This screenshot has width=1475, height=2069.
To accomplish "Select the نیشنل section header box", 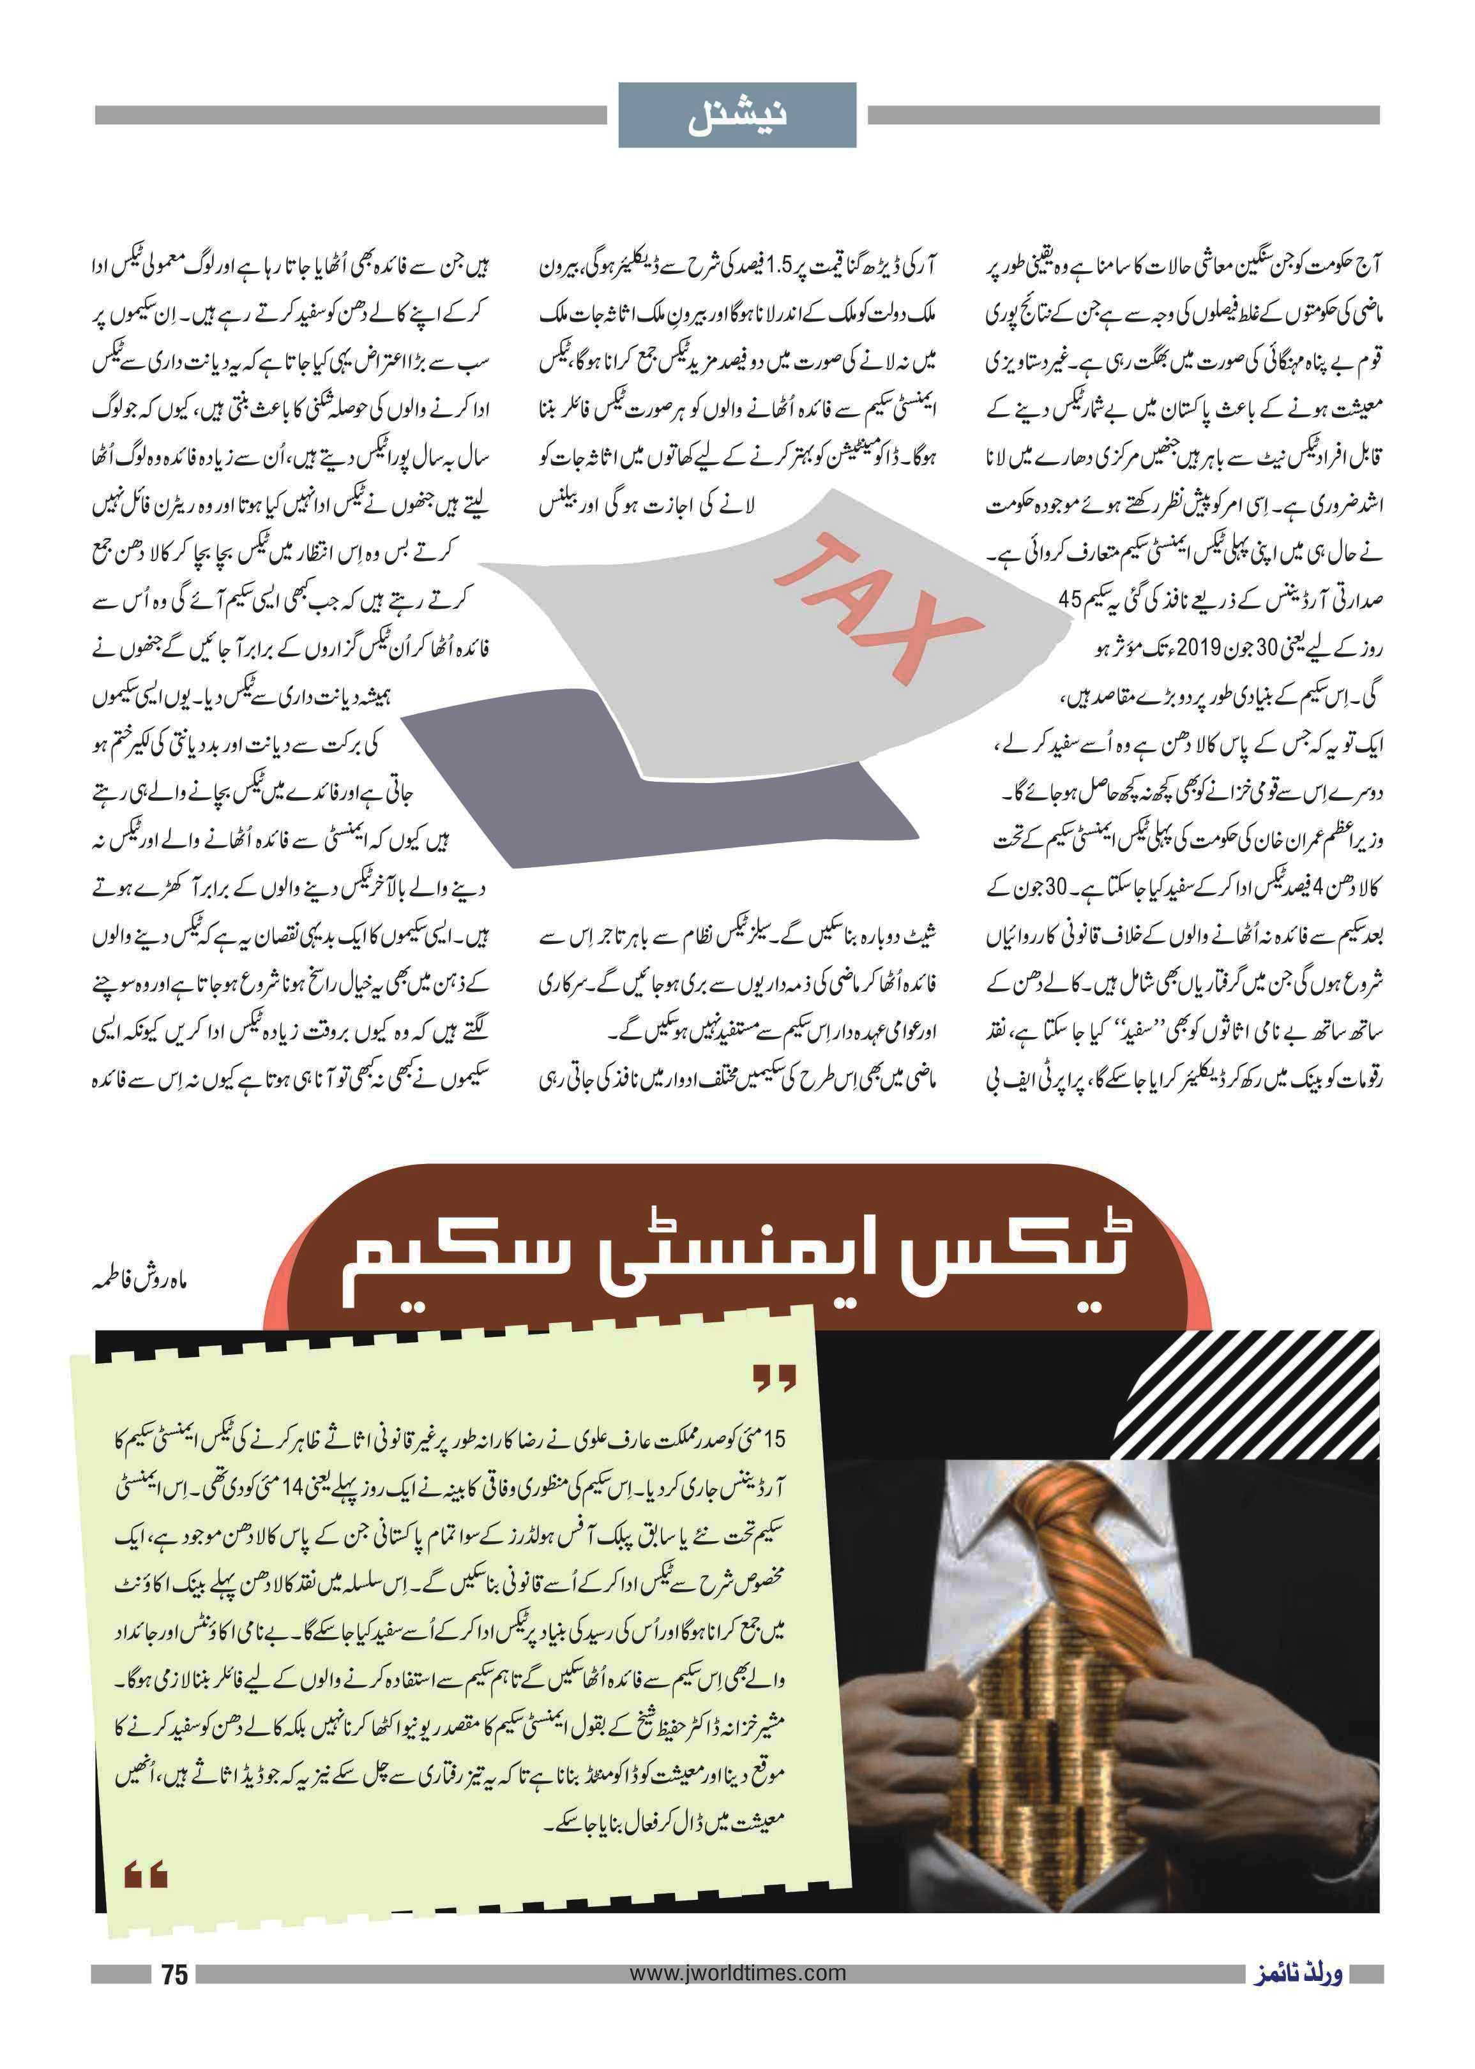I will (737, 116).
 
